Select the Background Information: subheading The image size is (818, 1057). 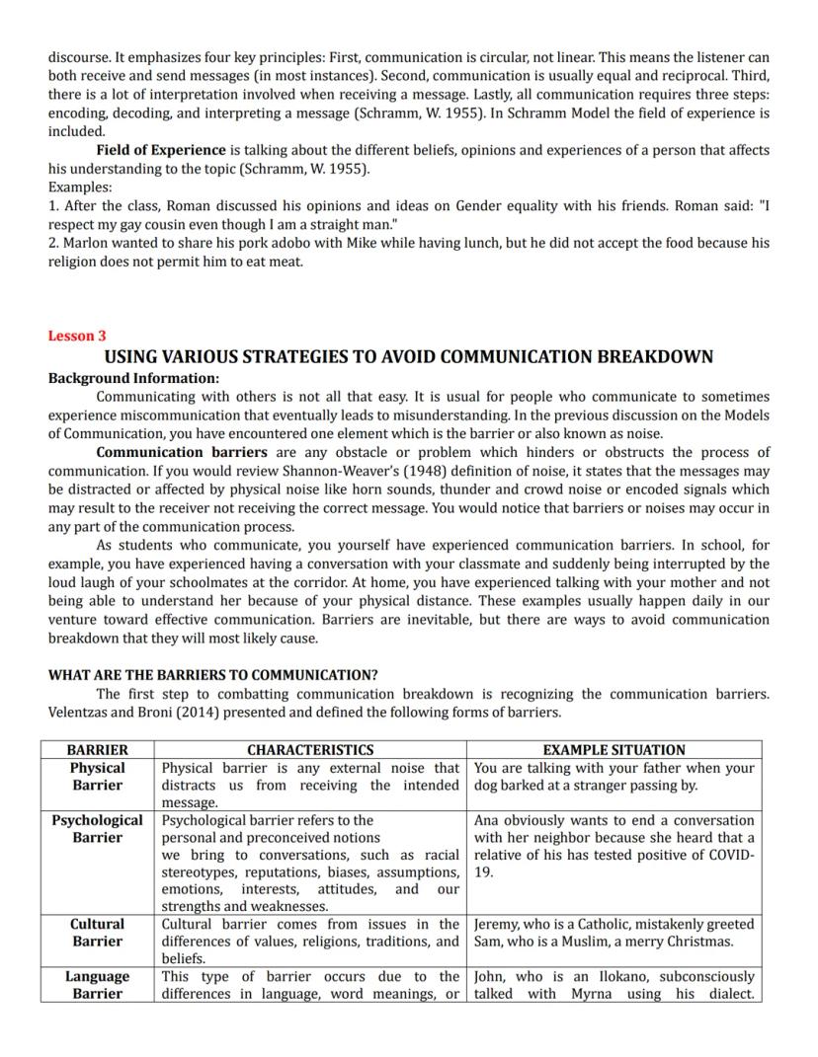coord(133,378)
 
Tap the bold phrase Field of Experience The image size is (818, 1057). coord(161,150)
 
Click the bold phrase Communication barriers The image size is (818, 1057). coord(182,452)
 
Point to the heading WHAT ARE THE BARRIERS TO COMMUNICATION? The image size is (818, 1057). coord(212,675)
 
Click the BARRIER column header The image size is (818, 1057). coord(97,750)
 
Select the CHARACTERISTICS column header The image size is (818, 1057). coord(310,750)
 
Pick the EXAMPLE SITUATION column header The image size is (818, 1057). coord(613,750)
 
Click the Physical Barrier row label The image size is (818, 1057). coord(97,777)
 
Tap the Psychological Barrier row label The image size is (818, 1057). coord(97,829)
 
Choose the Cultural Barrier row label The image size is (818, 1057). coord(97,933)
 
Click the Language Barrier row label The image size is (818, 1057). coord(97,985)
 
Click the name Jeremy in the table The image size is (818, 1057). coord(499,925)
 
